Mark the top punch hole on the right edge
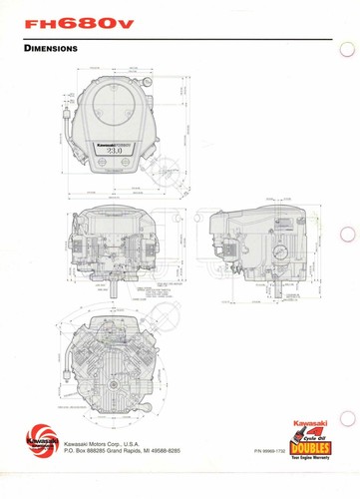[x=350, y=48]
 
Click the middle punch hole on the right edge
[x=349, y=239]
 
